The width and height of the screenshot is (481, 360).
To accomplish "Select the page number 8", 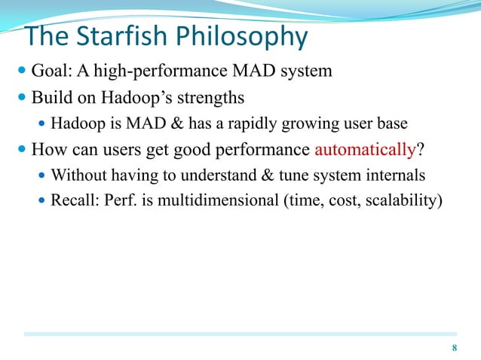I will tap(454, 347).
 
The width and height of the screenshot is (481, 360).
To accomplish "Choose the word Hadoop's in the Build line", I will tap(137, 97).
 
